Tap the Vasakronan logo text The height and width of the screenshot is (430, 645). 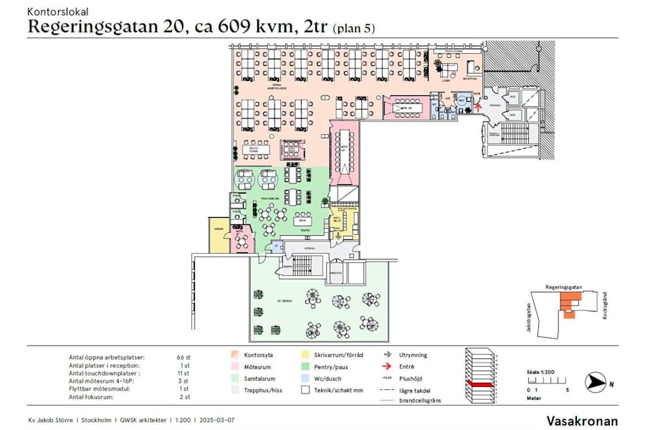click(582, 421)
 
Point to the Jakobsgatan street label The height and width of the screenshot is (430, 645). click(518, 316)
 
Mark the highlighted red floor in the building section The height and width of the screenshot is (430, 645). click(479, 385)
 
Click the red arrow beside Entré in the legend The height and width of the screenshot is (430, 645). click(387, 366)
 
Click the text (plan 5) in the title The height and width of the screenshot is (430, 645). click(353, 28)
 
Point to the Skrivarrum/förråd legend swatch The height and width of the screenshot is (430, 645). click(305, 354)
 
